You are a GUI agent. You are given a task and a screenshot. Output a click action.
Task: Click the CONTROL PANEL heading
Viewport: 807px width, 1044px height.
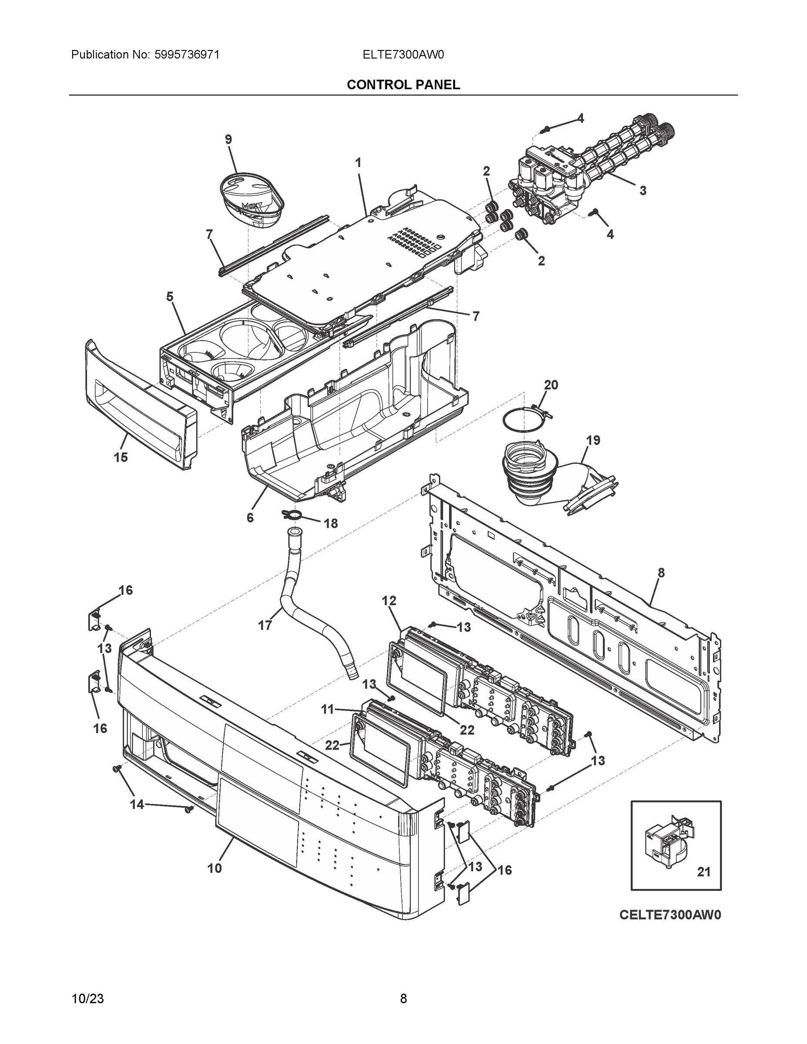point(403,85)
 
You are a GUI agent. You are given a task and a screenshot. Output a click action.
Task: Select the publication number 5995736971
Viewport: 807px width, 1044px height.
point(187,54)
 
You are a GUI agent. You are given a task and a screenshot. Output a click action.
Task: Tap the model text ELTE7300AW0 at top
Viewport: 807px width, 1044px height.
point(403,54)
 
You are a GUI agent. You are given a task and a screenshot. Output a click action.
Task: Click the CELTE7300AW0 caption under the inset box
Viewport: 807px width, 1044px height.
point(670,914)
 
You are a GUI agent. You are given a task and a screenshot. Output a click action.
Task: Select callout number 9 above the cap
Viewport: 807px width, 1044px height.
point(228,139)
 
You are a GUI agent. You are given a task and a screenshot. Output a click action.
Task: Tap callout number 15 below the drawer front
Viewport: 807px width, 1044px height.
point(121,458)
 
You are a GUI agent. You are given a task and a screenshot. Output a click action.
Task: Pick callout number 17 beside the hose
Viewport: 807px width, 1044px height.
point(265,625)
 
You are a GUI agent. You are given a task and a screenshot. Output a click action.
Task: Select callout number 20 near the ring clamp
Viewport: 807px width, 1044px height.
point(551,385)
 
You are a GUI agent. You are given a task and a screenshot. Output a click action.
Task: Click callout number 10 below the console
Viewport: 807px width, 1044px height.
point(214,868)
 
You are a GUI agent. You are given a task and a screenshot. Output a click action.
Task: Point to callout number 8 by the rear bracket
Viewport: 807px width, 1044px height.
point(661,572)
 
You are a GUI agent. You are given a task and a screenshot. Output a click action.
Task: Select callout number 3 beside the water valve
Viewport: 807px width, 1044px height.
point(643,190)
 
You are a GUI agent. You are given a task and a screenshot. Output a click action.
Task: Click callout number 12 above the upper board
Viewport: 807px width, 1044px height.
point(388,601)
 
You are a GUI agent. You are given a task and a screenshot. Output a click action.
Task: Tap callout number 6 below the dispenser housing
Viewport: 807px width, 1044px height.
point(250,518)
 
